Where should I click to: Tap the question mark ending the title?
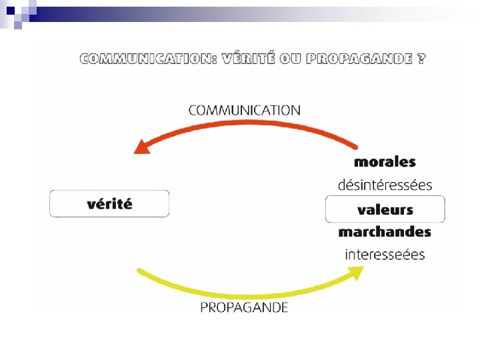pos(421,58)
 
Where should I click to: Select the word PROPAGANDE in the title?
pos(356,59)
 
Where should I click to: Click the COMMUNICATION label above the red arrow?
pos(245,110)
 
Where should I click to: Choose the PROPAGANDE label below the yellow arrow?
pos(245,308)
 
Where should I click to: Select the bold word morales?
pos(385,162)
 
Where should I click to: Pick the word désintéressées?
pos(385,184)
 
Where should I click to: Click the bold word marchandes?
pos(385,232)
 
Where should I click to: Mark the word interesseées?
pos(385,255)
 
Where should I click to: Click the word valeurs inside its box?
pos(385,209)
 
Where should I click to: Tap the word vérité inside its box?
pos(109,204)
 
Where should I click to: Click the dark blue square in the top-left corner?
pos(10,10)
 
